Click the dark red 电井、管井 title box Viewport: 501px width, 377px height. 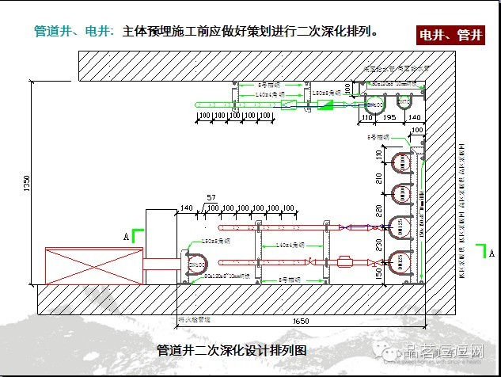[450, 35]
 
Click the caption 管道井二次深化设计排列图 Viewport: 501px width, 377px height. [231, 349]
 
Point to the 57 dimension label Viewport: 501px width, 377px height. [211, 196]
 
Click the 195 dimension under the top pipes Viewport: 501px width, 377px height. [388, 116]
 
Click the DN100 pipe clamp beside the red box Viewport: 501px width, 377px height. [195, 261]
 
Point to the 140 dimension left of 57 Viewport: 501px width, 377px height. [187, 208]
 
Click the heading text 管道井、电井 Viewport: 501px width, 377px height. [75, 32]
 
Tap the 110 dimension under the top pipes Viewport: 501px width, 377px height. [366, 116]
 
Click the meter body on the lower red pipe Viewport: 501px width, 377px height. [347, 261]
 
